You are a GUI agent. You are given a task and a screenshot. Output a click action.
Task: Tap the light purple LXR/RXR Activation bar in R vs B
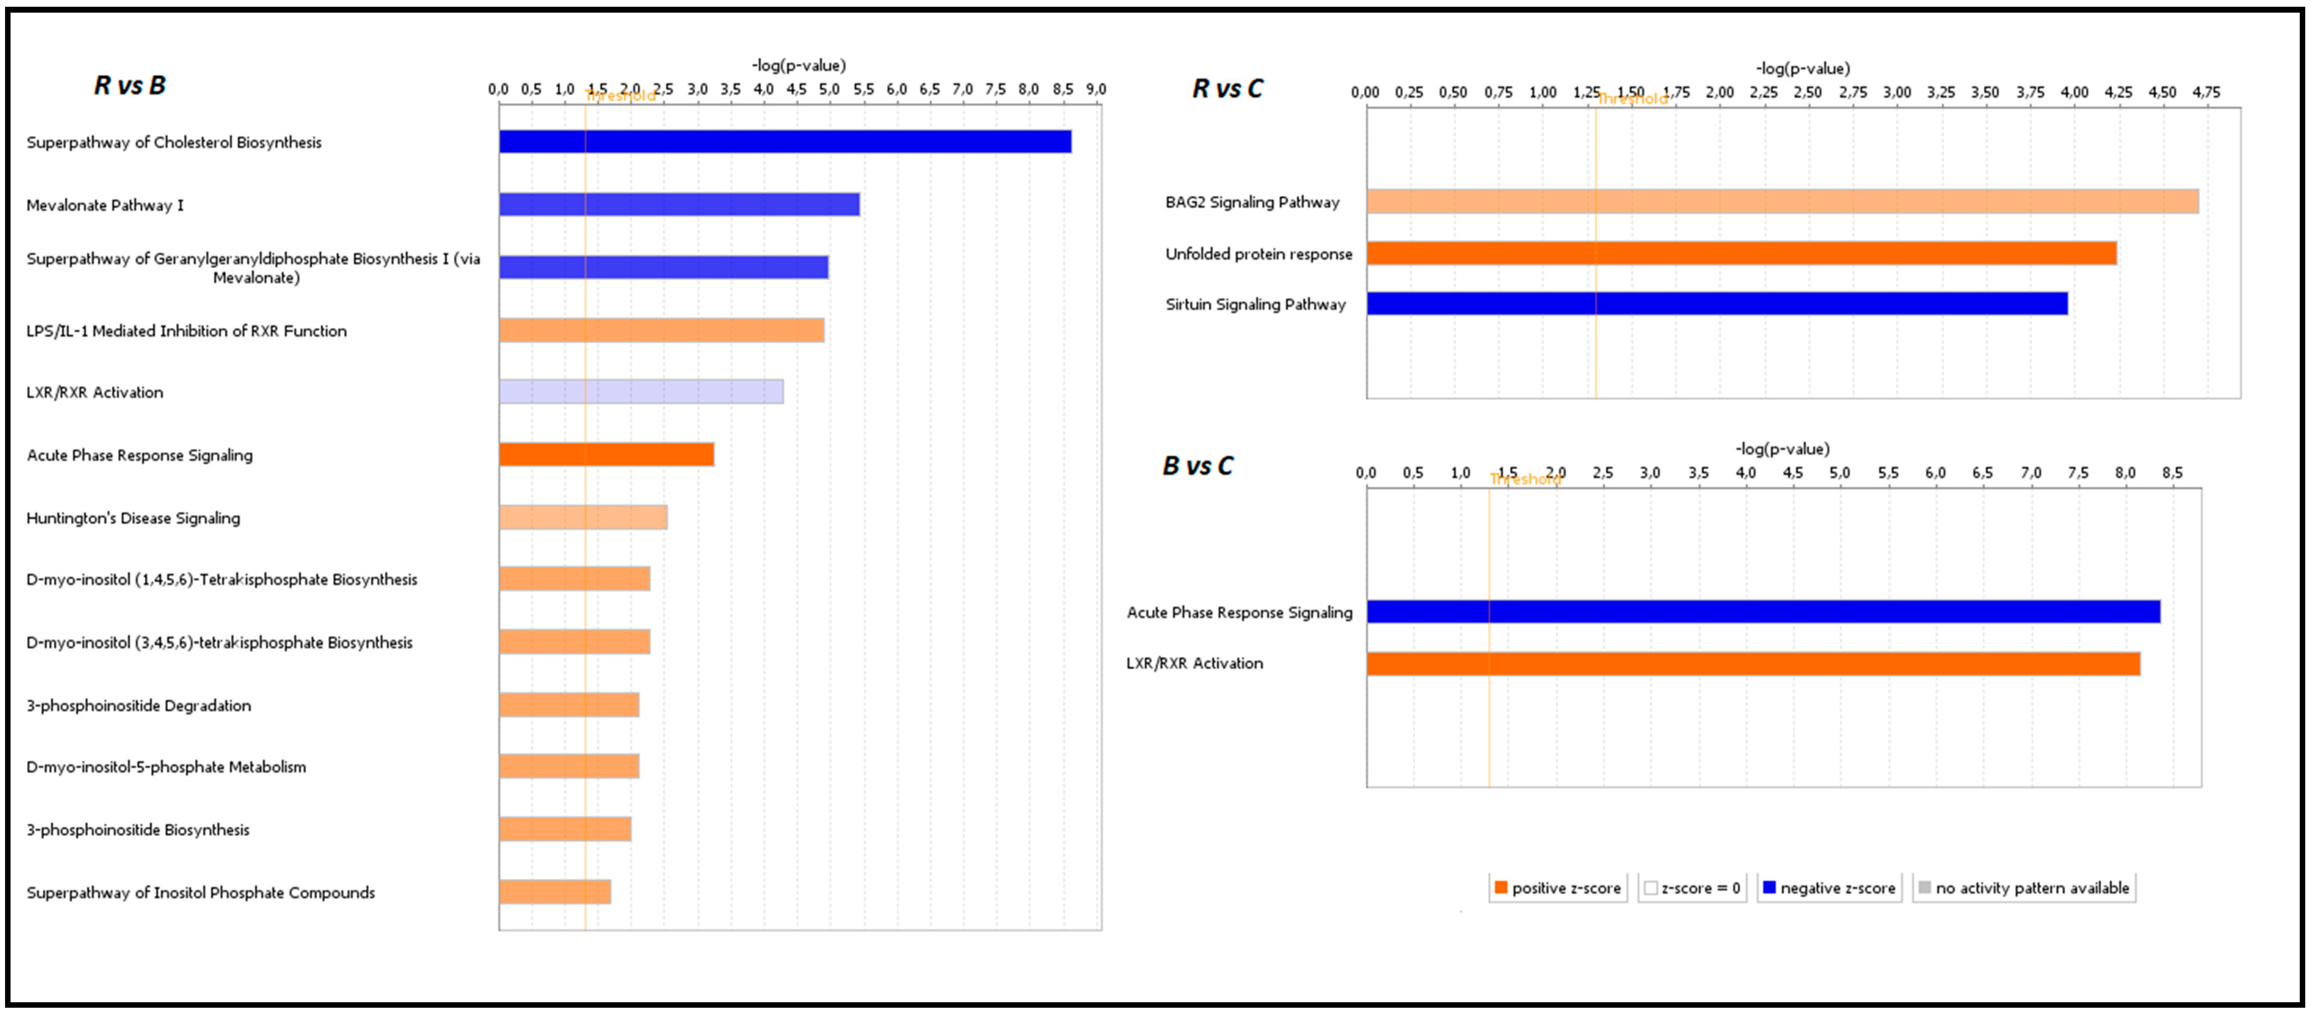pos(641,392)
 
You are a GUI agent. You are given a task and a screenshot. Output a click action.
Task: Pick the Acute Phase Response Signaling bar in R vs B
pos(606,455)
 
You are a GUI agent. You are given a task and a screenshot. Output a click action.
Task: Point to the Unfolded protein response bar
pos(1741,253)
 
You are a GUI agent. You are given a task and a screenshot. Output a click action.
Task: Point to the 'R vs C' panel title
pos(1227,88)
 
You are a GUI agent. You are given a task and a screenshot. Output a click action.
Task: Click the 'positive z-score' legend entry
pos(1558,888)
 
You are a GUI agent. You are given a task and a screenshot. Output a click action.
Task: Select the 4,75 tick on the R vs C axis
pos(2206,92)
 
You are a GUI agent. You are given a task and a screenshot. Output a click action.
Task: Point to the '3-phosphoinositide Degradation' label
pos(139,705)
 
